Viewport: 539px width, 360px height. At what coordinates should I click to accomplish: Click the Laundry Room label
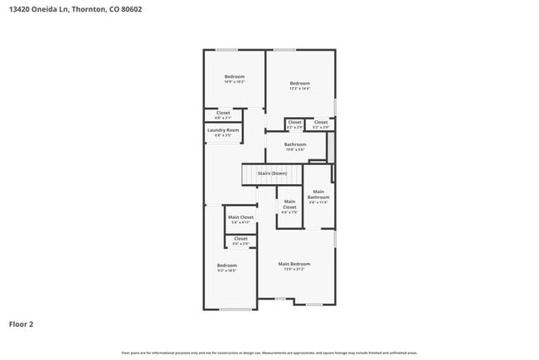[x=222, y=130]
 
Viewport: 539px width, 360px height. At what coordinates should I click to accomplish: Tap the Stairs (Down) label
[x=271, y=173]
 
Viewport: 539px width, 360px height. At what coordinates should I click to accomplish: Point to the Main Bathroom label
[x=318, y=196]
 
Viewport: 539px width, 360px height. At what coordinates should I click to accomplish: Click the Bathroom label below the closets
[x=295, y=144]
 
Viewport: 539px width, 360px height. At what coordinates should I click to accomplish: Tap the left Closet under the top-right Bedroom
[x=294, y=123]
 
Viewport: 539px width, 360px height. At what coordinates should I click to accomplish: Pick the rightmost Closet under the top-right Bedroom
[x=320, y=123]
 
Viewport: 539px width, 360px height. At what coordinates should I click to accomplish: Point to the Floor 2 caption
[x=22, y=324]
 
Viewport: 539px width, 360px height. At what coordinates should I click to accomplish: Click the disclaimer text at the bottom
[x=269, y=352]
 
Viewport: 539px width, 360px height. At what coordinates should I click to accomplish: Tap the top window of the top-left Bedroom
[x=227, y=50]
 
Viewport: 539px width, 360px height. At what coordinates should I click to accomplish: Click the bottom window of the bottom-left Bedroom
[x=236, y=309]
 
